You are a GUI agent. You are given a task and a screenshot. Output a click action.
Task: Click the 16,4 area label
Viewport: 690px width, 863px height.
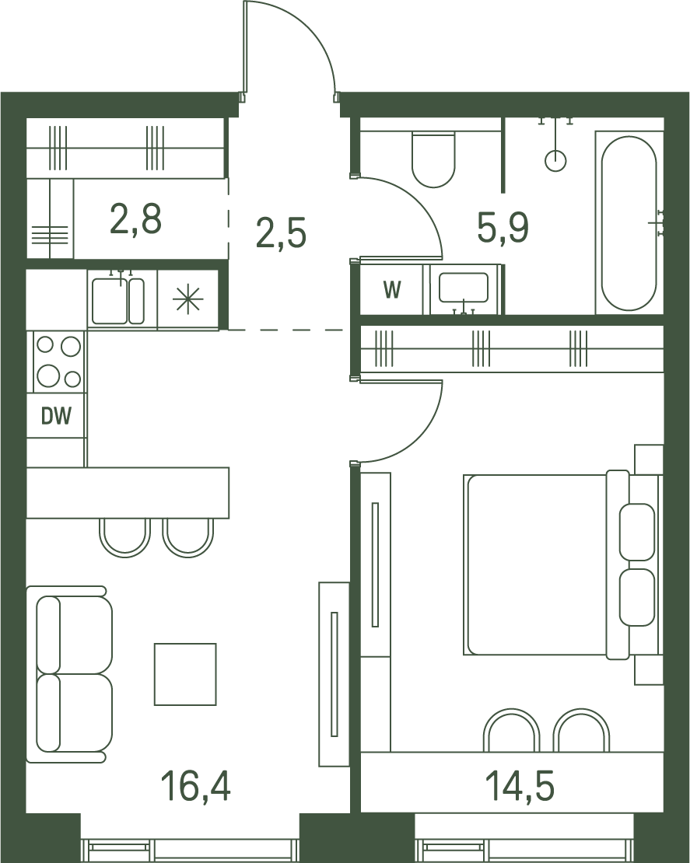coord(195,785)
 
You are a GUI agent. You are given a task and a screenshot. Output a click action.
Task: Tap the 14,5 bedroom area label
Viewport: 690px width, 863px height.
coord(520,785)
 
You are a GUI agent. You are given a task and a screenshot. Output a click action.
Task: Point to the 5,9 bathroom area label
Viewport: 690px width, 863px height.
coord(503,228)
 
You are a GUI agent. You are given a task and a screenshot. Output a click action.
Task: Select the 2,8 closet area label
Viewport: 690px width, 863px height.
coord(135,218)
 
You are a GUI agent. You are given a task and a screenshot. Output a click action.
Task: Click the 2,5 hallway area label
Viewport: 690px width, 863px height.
coord(281,233)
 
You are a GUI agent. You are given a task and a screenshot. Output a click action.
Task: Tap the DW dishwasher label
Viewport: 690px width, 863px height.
coord(56,416)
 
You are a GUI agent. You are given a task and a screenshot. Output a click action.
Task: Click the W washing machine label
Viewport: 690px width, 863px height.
coord(392,289)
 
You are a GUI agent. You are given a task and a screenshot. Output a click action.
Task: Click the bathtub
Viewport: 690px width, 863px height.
coord(629,223)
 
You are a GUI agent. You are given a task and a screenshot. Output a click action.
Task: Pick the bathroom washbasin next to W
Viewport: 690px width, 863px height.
coord(463,288)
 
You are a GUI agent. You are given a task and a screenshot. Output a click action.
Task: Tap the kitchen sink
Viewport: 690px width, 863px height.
coord(117,301)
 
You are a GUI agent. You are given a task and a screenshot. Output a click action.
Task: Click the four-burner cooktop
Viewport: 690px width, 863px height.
coord(58,362)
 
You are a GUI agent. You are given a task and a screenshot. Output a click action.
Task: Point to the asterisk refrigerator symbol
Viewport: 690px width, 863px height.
coord(187,300)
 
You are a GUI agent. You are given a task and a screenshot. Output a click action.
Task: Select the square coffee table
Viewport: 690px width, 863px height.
coord(185,674)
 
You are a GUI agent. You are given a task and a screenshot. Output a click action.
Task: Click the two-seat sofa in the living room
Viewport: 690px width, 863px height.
coord(69,674)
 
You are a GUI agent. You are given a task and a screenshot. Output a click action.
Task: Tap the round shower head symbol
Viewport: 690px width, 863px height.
coord(555,161)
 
